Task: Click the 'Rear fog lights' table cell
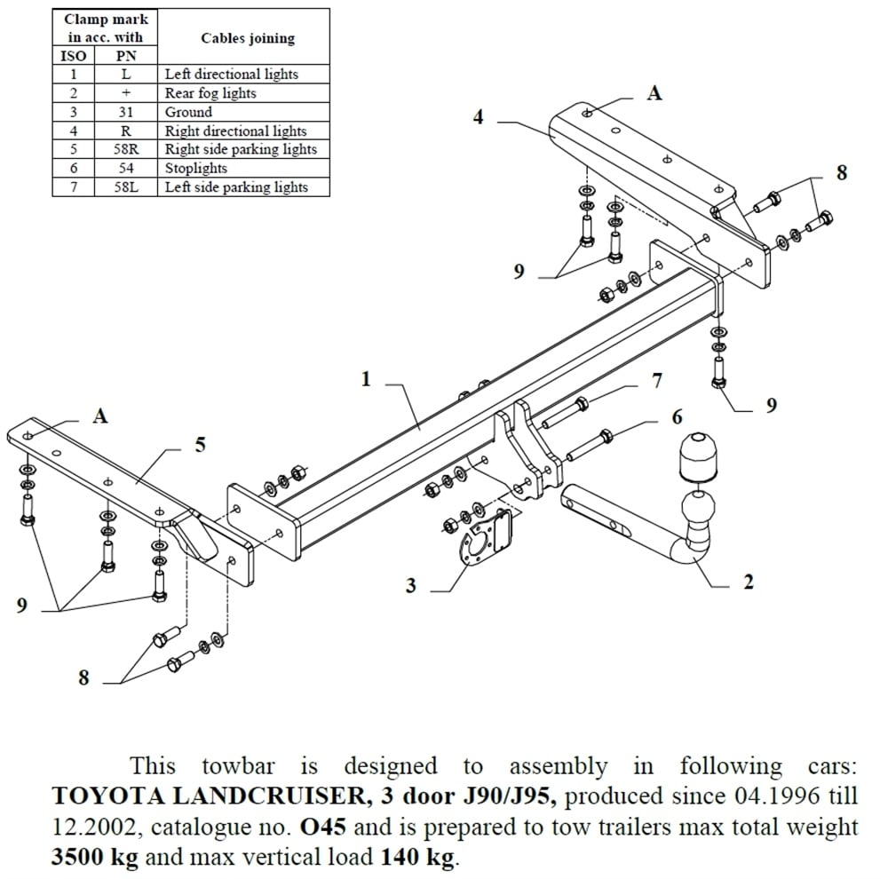[x=210, y=93]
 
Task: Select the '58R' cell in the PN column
[x=126, y=149]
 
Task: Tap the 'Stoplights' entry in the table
[x=195, y=168]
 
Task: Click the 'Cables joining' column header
[x=247, y=38]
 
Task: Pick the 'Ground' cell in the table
[x=188, y=112]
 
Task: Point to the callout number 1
[x=365, y=379]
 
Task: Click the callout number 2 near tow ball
[x=748, y=582]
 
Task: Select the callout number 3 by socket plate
[x=410, y=586]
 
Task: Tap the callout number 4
[x=478, y=116]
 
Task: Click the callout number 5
[x=200, y=445]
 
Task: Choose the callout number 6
[x=677, y=416]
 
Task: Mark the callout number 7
[x=656, y=381]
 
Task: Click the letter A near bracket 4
[x=654, y=92]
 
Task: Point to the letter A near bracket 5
[x=100, y=416]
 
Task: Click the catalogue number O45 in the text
[x=324, y=828]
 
